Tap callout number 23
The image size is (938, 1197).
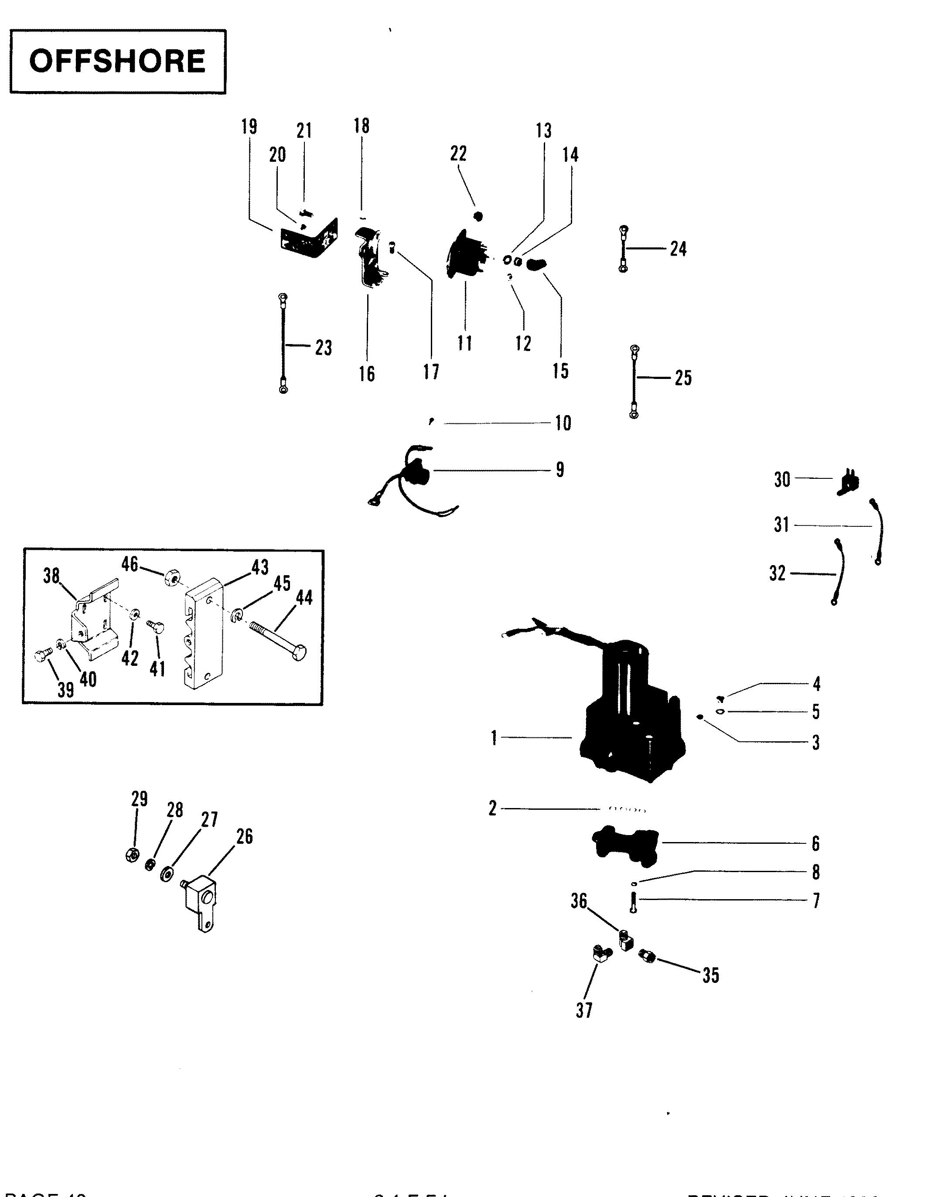(324, 348)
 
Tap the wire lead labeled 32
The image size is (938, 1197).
(837, 572)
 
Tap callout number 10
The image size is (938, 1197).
(563, 423)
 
